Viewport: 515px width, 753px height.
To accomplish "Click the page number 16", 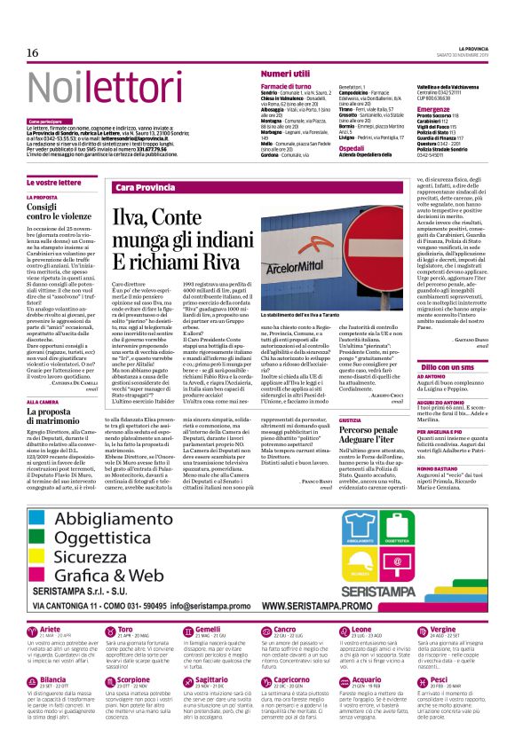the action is (33, 52).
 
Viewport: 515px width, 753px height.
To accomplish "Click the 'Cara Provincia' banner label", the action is (146, 188).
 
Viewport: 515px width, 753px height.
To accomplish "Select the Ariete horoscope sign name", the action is (51, 629).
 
